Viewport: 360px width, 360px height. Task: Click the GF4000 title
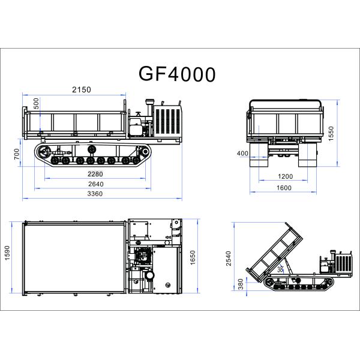coord(177,74)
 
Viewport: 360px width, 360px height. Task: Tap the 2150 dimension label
coord(82,89)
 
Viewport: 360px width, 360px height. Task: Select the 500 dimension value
coord(36,104)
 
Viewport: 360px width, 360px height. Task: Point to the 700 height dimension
coord(17,154)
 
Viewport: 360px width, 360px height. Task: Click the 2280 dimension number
coord(95,174)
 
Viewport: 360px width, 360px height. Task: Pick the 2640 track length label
coord(96,184)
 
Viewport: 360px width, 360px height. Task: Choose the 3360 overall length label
coord(95,194)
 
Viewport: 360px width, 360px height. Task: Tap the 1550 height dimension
coord(331,133)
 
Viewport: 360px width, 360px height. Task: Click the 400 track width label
coord(242,153)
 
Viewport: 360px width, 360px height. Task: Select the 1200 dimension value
coord(286,176)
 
